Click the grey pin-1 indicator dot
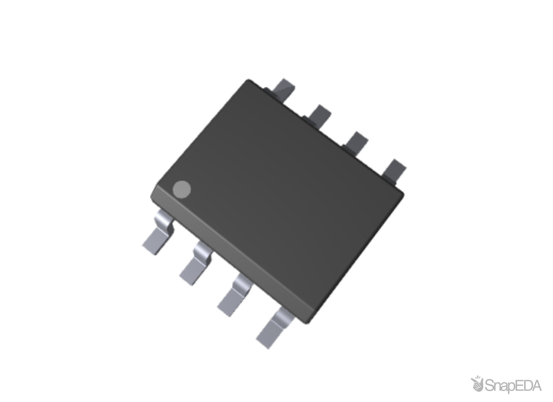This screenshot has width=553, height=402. (182, 189)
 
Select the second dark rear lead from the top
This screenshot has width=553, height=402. (318, 115)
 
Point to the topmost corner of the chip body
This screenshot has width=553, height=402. (248, 80)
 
